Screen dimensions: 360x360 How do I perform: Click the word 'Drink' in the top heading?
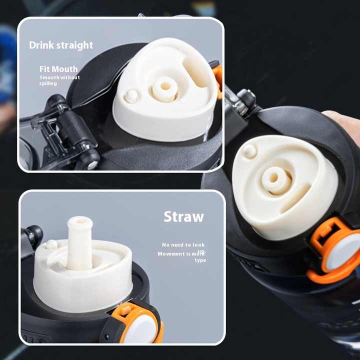tap(41, 45)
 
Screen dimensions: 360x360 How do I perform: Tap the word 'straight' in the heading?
tap(74, 45)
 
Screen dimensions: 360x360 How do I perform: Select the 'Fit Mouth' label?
tap(58, 69)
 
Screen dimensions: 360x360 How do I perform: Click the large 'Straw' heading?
tap(183, 216)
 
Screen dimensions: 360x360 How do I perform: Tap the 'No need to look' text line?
tap(183, 244)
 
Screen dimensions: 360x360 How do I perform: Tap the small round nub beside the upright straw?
tap(51, 244)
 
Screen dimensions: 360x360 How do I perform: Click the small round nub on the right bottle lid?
tap(249, 151)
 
